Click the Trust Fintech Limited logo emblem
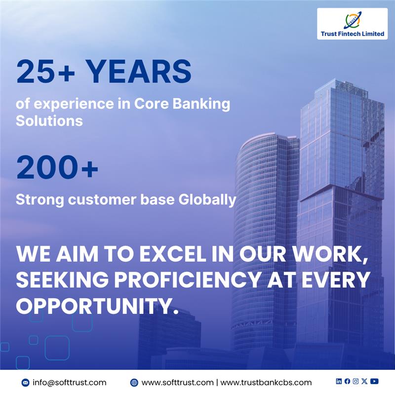[x=352, y=20]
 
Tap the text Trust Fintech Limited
[x=352, y=34]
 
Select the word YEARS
[x=140, y=72]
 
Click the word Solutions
[x=49, y=120]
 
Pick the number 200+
[x=57, y=168]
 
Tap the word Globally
[x=207, y=200]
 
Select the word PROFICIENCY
[x=193, y=280]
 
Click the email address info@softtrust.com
[x=70, y=382]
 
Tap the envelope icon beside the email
[x=26, y=383]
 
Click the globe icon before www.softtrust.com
[x=134, y=383]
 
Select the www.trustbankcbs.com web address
[x=266, y=382]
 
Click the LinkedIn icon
[x=339, y=381]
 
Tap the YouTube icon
[x=375, y=381]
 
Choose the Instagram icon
[x=355, y=381]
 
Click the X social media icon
[x=364, y=381]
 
